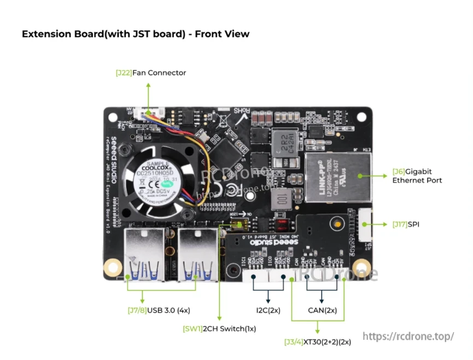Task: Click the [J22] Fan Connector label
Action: pos(150,73)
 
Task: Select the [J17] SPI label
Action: pos(406,224)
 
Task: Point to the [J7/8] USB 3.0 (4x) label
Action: pos(159,310)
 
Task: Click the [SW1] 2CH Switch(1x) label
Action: pos(219,329)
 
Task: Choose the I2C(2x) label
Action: pos(268,310)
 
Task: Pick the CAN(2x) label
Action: pos(322,310)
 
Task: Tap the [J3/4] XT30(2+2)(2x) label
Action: pos(317,342)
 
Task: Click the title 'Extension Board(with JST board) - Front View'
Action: pos(136,34)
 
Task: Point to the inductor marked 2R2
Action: pos(284,143)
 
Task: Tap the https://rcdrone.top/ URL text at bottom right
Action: pos(408,336)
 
